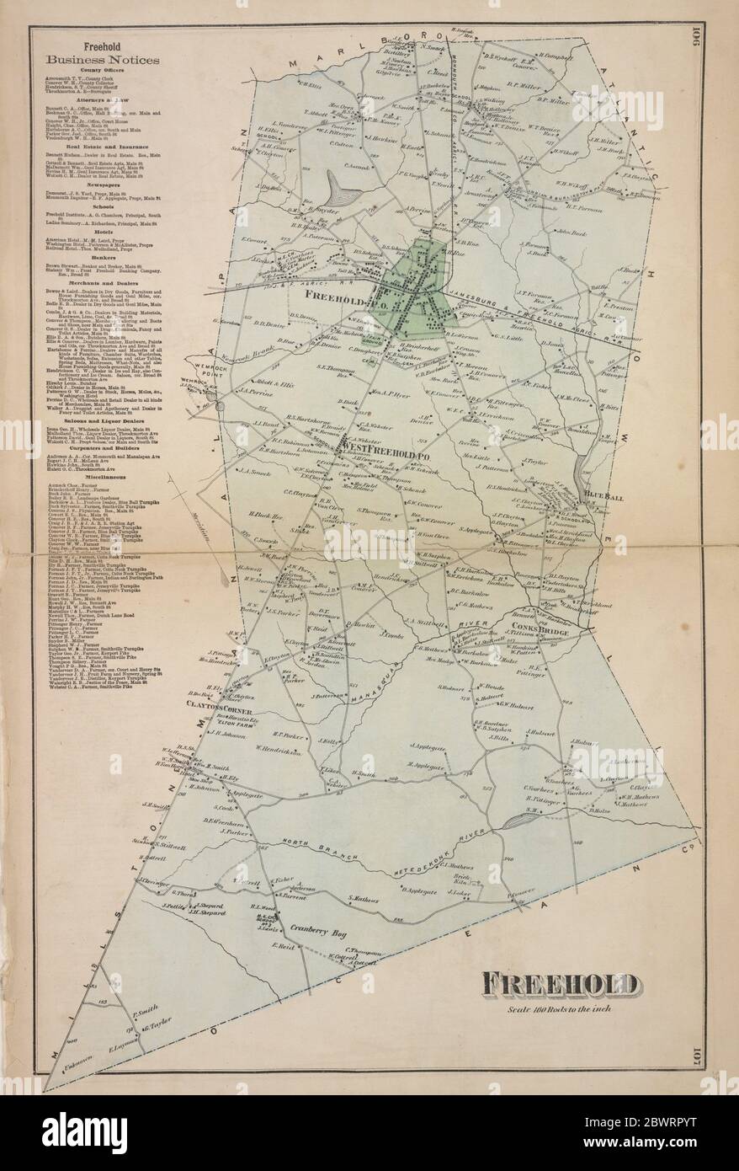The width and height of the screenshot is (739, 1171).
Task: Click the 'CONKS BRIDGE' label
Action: pyautogui.click(x=550, y=632)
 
